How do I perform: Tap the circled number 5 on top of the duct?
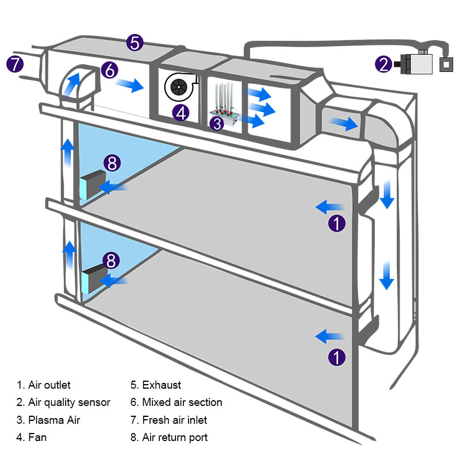(135, 43)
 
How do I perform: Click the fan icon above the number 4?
(181, 87)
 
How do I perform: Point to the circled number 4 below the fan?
(181, 112)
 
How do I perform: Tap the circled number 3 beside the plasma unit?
(216, 122)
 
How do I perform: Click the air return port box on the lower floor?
(93, 278)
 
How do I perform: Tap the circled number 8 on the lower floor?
(112, 260)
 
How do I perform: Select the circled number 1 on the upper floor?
(337, 223)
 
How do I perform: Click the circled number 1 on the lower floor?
(337, 357)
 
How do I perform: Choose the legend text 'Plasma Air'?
(55, 420)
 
